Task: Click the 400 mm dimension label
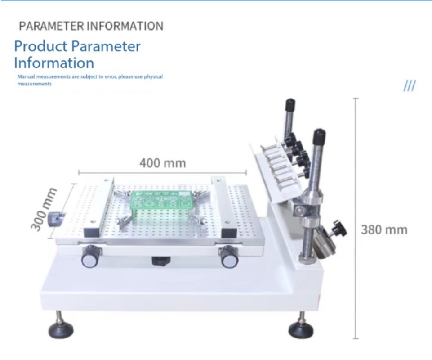tap(163, 163)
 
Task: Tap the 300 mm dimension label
tap(44, 208)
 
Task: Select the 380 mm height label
tap(384, 230)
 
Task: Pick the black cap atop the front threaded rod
tap(319, 135)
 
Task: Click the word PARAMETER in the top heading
tap(51, 26)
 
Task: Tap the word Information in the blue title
tap(54, 63)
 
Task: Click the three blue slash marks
tap(410, 86)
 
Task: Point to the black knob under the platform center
tap(161, 261)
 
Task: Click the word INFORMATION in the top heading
tap(125, 26)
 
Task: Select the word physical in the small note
tap(153, 76)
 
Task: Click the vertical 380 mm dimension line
tap(356, 218)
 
